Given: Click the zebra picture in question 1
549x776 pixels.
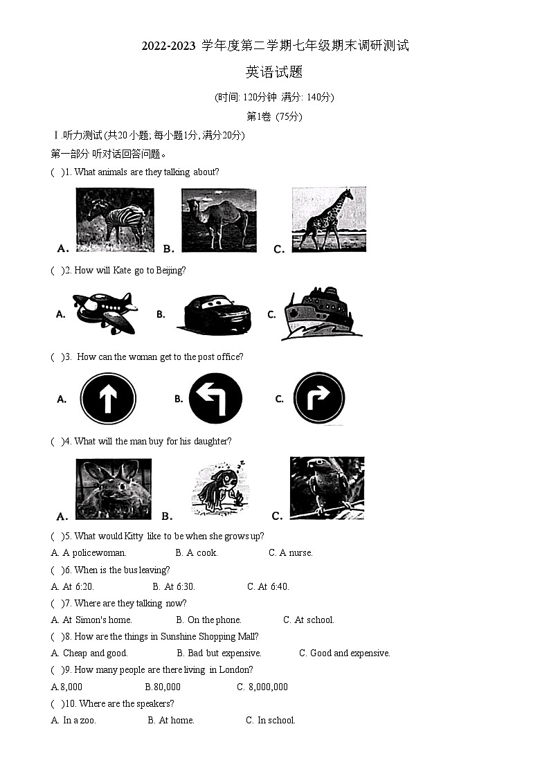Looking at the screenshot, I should [x=114, y=218].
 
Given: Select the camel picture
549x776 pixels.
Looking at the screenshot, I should [x=219, y=219].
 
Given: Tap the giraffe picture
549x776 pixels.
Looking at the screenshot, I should [x=328, y=219].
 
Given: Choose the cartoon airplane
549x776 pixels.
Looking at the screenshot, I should [x=105, y=313].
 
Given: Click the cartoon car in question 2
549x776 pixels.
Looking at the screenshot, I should [x=214, y=314].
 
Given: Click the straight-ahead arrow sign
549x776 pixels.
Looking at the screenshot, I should [x=108, y=399].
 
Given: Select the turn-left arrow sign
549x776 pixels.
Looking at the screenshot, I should [x=215, y=399].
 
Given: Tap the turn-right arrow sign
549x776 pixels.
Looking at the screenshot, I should [x=319, y=399].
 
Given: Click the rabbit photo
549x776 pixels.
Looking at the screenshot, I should [x=114, y=489].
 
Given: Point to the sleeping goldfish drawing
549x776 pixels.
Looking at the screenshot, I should [x=219, y=489].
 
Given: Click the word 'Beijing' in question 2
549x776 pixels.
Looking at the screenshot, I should [x=171, y=271].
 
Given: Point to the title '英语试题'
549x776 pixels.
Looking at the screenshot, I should [x=274, y=72].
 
